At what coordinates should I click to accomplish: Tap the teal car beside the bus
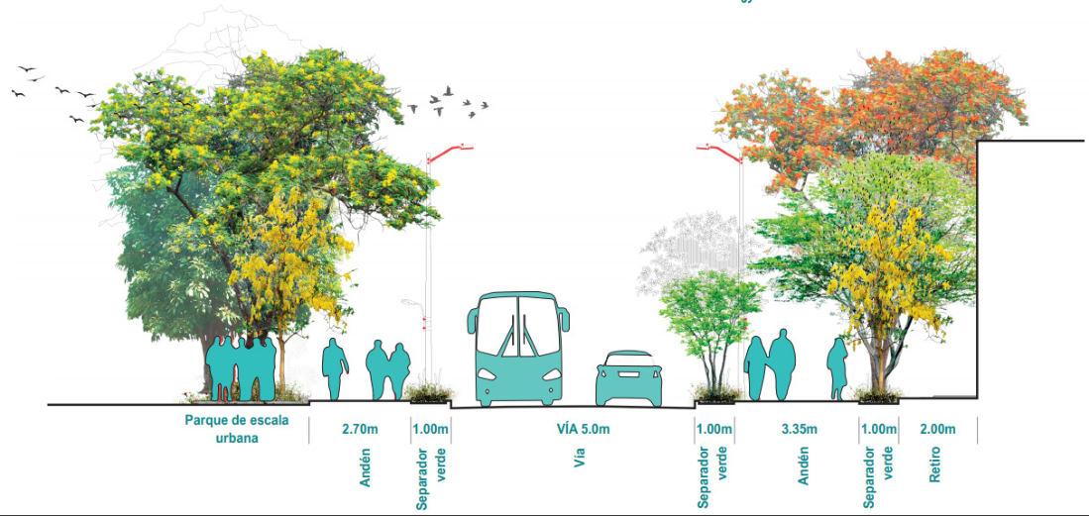628,380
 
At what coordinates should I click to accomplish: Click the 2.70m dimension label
360,429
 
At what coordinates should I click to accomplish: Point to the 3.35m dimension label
799,429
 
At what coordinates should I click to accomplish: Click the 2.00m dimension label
936,429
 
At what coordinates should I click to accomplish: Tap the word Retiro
935,464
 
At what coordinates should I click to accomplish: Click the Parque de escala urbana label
237,428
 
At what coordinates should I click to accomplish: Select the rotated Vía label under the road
580,458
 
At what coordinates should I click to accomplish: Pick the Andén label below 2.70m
365,466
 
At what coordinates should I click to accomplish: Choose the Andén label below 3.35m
804,465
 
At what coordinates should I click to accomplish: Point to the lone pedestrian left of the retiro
838,367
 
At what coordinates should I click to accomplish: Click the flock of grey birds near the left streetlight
458,102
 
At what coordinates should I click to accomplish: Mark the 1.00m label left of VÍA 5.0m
431,429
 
